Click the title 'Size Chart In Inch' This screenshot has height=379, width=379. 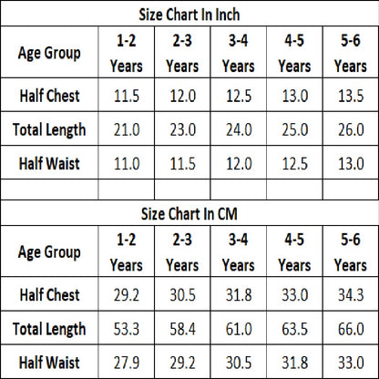point(189,15)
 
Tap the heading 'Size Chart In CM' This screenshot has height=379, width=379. point(189,214)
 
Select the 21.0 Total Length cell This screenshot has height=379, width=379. point(127,129)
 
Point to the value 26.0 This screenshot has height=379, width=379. point(351,129)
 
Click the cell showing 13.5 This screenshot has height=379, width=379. point(351,96)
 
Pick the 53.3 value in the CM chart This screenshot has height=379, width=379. point(127,329)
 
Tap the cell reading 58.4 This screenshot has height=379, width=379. point(182,329)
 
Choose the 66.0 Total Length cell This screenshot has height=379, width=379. point(351,329)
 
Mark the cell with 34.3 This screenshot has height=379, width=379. point(351,295)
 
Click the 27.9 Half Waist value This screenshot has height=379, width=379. point(127,363)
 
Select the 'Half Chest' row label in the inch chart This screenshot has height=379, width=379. point(49,96)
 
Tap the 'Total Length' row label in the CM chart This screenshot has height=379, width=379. point(49,330)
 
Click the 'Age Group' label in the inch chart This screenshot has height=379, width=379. point(49,54)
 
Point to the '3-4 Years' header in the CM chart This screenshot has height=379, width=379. point(239,252)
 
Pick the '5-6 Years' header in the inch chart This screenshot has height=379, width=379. point(351,53)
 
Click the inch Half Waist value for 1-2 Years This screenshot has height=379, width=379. point(127,163)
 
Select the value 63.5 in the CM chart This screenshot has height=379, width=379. point(294,329)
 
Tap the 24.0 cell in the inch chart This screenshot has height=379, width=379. point(239,129)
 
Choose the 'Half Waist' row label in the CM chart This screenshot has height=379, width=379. point(49,363)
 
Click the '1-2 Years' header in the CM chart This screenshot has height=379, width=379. point(127,252)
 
